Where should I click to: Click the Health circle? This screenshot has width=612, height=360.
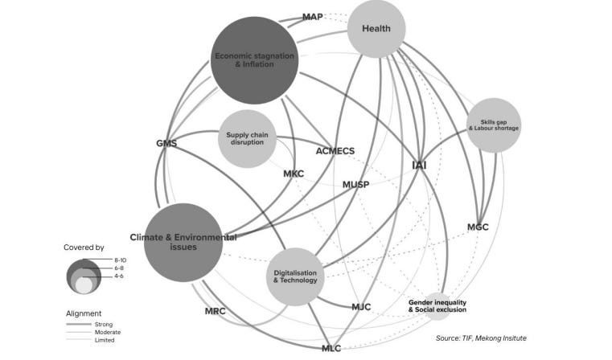[376, 29]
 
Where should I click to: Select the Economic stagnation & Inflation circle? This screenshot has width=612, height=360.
[254, 60]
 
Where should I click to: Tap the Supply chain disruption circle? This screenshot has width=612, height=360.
[247, 138]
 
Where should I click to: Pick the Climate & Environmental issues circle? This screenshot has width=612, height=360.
[183, 242]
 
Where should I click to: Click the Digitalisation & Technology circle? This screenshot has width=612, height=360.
[295, 276]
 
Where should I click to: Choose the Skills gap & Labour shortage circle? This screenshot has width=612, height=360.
[493, 125]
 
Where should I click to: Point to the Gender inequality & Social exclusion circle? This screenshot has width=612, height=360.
[436, 305]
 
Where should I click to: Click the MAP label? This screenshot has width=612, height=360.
[313, 17]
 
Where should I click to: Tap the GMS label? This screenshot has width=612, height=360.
[166, 144]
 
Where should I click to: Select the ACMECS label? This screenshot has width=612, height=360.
[335, 151]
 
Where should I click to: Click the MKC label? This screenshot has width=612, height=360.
[294, 174]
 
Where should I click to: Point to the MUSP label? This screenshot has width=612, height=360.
[355, 185]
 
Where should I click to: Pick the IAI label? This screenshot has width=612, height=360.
[419, 166]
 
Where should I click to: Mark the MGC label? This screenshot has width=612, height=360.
[478, 227]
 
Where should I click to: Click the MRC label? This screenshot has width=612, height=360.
[215, 310]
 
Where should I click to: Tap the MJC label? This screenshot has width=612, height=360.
[361, 307]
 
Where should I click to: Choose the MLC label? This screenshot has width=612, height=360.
[331, 347]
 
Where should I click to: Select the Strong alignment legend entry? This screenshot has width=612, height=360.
[104, 324]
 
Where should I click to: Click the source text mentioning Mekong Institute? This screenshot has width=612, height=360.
[481, 338]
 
